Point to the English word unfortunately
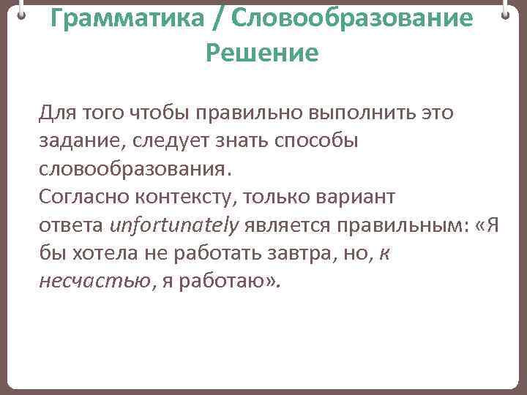pyautogui.click(x=174, y=226)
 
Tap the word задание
pyautogui.click(x=81, y=141)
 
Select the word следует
pyautogui.click(x=175, y=141)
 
